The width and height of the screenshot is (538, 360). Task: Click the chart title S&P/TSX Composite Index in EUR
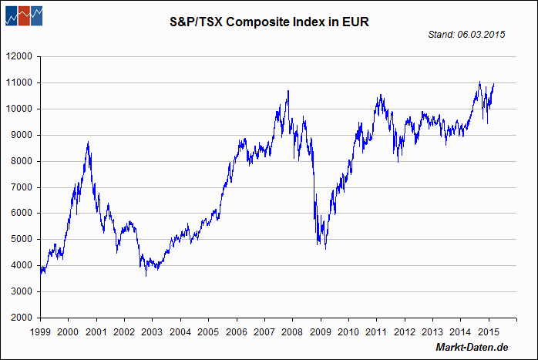[269, 22]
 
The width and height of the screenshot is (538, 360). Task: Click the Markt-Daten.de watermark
[472, 348]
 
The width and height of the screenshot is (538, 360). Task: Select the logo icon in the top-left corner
[23, 15]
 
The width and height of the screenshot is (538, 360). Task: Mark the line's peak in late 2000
[88, 142]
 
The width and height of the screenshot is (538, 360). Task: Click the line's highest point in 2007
[288, 91]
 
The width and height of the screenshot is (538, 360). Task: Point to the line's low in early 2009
[325, 248]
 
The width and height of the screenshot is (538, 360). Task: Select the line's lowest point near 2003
[146, 275]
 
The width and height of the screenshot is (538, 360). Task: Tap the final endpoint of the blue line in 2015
[493, 83]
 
